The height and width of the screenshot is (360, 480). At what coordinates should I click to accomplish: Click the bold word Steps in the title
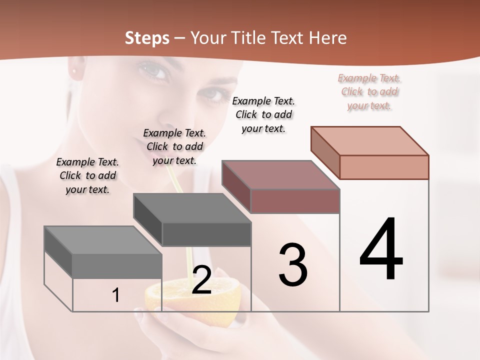(x=147, y=38)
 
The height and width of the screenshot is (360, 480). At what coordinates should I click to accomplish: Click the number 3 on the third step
(x=293, y=265)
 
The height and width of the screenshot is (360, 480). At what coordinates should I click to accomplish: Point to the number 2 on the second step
(x=201, y=279)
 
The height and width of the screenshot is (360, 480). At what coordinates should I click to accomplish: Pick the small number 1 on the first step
(x=115, y=295)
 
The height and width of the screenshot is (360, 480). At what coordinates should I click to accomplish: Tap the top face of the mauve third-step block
(x=280, y=175)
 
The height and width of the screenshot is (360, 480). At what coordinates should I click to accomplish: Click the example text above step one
(x=87, y=175)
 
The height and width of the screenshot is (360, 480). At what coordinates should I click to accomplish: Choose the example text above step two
(x=174, y=146)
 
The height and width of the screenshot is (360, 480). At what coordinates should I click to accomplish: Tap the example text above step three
(x=263, y=114)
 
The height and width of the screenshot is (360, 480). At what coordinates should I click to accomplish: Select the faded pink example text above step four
(x=369, y=91)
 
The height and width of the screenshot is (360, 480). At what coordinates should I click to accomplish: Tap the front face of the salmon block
(x=384, y=167)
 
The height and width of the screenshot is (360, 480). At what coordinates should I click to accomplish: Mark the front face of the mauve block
(x=295, y=201)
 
